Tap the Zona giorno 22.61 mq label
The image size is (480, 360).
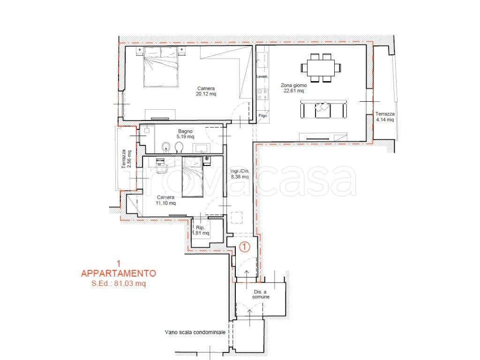tap(294, 88)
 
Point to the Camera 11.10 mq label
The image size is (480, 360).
tap(166, 200)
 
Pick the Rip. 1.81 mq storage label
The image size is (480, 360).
tap(200, 230)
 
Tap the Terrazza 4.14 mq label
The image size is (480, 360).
tap(384, 117)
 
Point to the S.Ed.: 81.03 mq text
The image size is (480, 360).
tap(119, 283)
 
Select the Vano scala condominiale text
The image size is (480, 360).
tap(195, 332)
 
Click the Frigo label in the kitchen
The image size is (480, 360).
tap(262, 115)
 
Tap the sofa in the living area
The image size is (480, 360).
tap(323, 109)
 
